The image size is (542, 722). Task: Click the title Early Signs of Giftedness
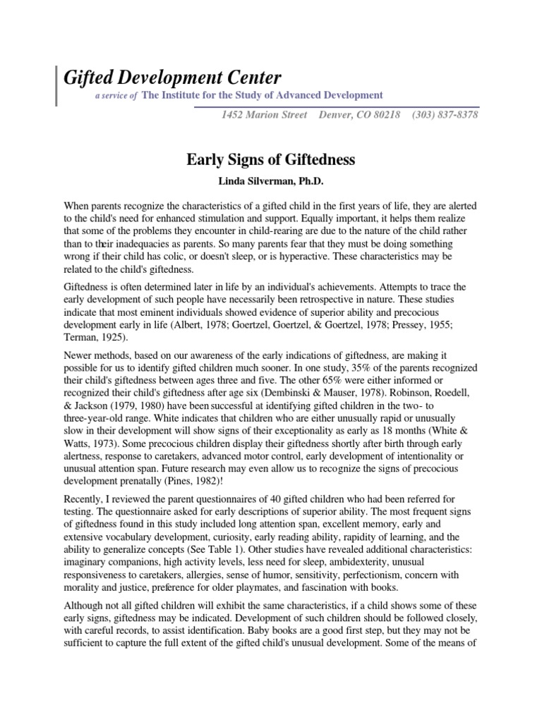[x=271, y=160]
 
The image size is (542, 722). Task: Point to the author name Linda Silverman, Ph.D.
[x=271, y=181]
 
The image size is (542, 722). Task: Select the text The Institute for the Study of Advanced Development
[x=263, y=95]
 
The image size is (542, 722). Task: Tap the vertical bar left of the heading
[x=56, y=85]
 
